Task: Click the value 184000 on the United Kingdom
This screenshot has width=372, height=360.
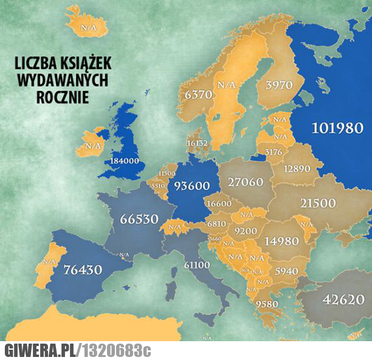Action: pyautogui.click(x=125, y=161)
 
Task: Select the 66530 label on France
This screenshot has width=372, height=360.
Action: pyautogui.click(x=139, y=219)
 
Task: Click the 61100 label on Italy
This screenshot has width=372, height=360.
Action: pyautogui.click(x=198, y=265)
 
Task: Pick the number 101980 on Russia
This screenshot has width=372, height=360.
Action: pyautogui.click(x=337, y=128)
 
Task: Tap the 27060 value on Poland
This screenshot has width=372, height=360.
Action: pyautogui.click(x=245, y=182)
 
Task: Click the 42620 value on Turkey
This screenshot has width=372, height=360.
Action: pyautogui.click(x=343, y=299)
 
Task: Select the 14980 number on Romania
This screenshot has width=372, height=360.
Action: pyautogui.click(x=281, y=241)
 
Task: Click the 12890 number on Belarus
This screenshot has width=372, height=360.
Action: pyautogui.click(x=297, y=168)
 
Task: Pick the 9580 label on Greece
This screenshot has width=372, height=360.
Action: pyautogui.click(x=267, y=304)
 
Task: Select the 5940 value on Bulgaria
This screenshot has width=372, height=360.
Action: pyautogui.click(x=286, y=271)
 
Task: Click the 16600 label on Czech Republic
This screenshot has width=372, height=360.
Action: pyautogui.click(x=219, y=204)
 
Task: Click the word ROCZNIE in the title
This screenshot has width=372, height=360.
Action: pyautogui.click(x=62, y=95)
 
